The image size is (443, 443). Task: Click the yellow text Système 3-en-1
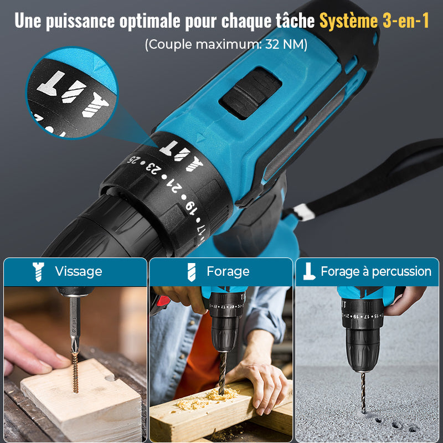(x=374, y=20)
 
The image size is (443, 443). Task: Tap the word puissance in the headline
(x=80, y=21)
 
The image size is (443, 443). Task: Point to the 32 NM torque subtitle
(x=226, y=44)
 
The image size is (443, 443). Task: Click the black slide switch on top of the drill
(x=250, y=92)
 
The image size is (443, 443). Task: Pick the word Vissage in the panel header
(x=79, y=271)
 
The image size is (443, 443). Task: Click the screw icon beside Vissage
(x=38, y=271)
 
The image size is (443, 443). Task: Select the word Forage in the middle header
(x=228, y=271)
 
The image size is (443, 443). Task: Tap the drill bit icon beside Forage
(x=191, y=272)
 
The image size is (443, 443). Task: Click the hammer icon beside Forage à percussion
(x=309, y=271)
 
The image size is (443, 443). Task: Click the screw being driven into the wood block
(x=75, y=372)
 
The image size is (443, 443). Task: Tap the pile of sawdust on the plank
(x=206, y=398)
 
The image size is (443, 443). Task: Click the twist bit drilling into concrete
(x=363, y=392)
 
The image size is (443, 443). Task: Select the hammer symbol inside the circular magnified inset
(x=51, y=83)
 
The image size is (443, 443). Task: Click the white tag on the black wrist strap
(x=304, y=212)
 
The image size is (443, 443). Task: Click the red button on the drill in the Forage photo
(x=163, y=301)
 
